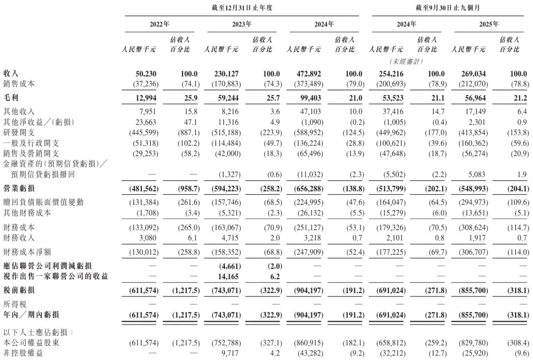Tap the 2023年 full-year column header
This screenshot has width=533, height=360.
click(242, 24)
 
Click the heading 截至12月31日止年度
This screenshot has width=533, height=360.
click(242, 7)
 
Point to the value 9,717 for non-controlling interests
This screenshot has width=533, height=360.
click(232, 353)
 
